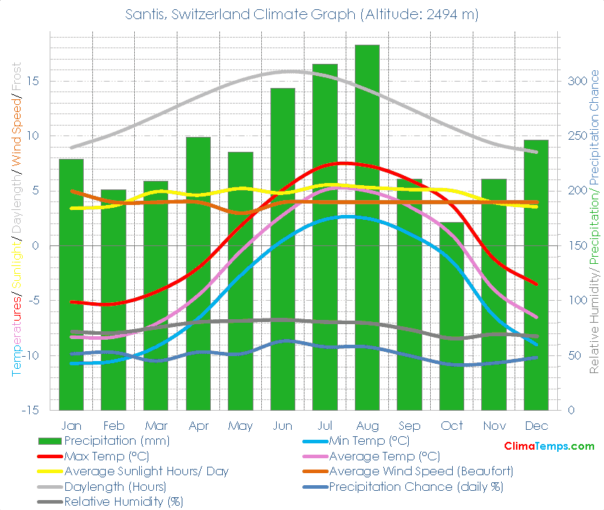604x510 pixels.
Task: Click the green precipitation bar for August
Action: (x=367, y=227)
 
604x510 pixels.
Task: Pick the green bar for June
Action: (x=282, y=248)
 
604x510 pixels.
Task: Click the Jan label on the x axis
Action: (x=71, y=426)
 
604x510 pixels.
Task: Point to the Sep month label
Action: (x=410, y=426)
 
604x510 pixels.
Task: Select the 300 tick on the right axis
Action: (x=576, y=81)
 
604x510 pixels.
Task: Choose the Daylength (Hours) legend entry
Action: (x=115, y=487)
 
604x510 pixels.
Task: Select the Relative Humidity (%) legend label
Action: (x=123, y=501)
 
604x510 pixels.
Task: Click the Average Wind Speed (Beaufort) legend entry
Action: (x=421, y=471)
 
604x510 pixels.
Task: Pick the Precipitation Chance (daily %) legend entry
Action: (x=415, y=487)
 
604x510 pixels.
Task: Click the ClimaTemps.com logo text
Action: (x=549, y=446)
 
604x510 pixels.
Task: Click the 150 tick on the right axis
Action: (x=576, y=245)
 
